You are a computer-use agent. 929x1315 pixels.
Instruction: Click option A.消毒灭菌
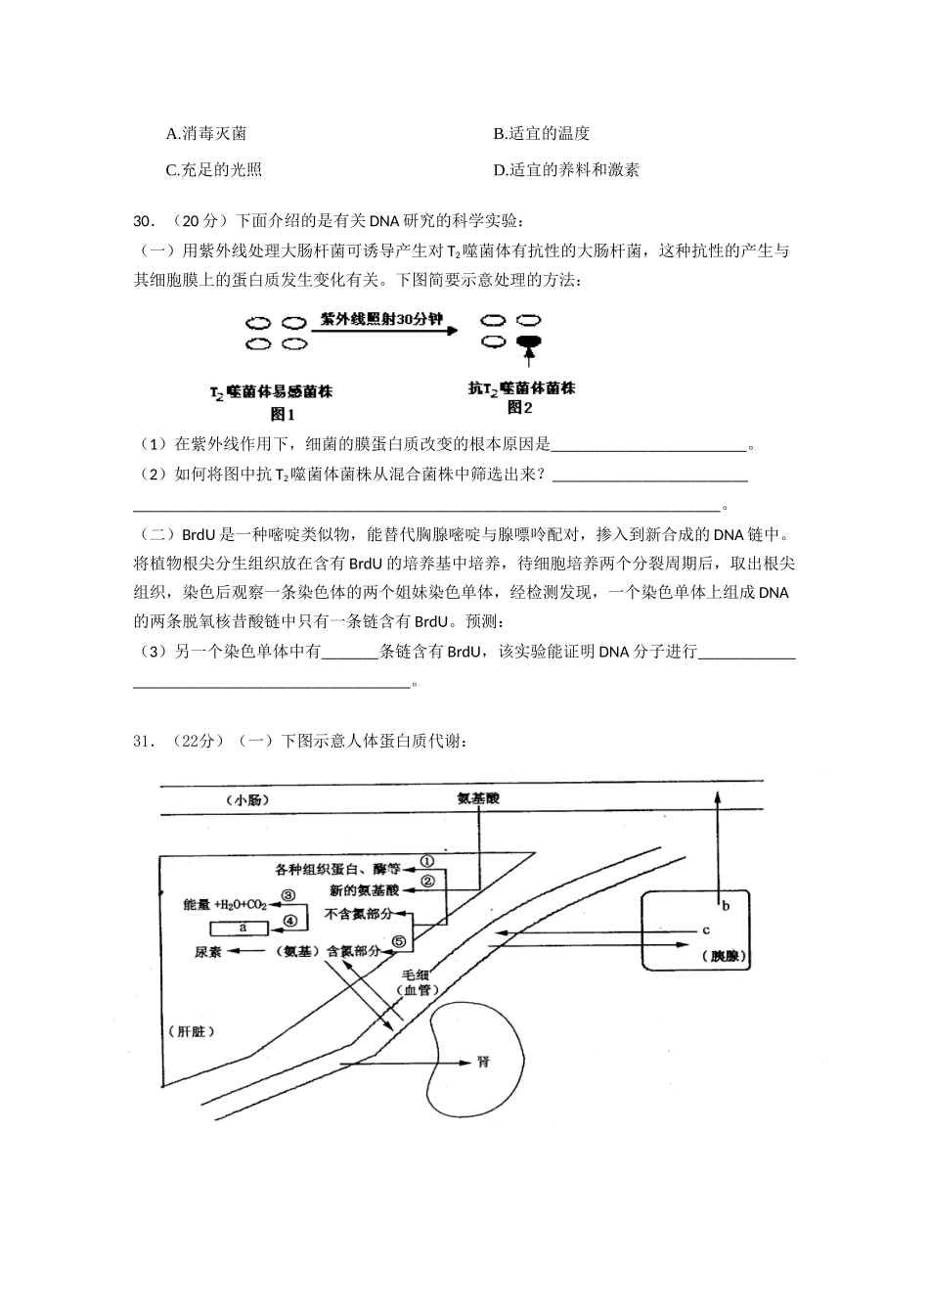coord(206,133)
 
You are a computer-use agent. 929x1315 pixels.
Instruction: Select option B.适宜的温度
coord(541,133)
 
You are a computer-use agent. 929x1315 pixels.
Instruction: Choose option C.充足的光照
coord(214,169)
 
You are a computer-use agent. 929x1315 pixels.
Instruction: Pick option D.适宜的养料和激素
coord(566,169)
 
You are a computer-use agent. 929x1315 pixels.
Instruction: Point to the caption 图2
coord(521,408)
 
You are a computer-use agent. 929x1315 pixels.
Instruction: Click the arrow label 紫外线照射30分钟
coord(381,320)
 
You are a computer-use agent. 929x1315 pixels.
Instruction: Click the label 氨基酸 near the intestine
coord(478,799)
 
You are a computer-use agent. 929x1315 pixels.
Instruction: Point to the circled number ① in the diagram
coord(426,863)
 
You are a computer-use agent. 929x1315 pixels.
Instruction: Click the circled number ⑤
coord(399,942)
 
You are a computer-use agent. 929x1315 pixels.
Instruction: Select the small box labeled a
coord(242,927)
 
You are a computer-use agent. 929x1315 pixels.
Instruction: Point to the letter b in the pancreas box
coord(726,905)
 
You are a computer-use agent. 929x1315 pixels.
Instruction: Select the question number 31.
coord(144,741)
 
